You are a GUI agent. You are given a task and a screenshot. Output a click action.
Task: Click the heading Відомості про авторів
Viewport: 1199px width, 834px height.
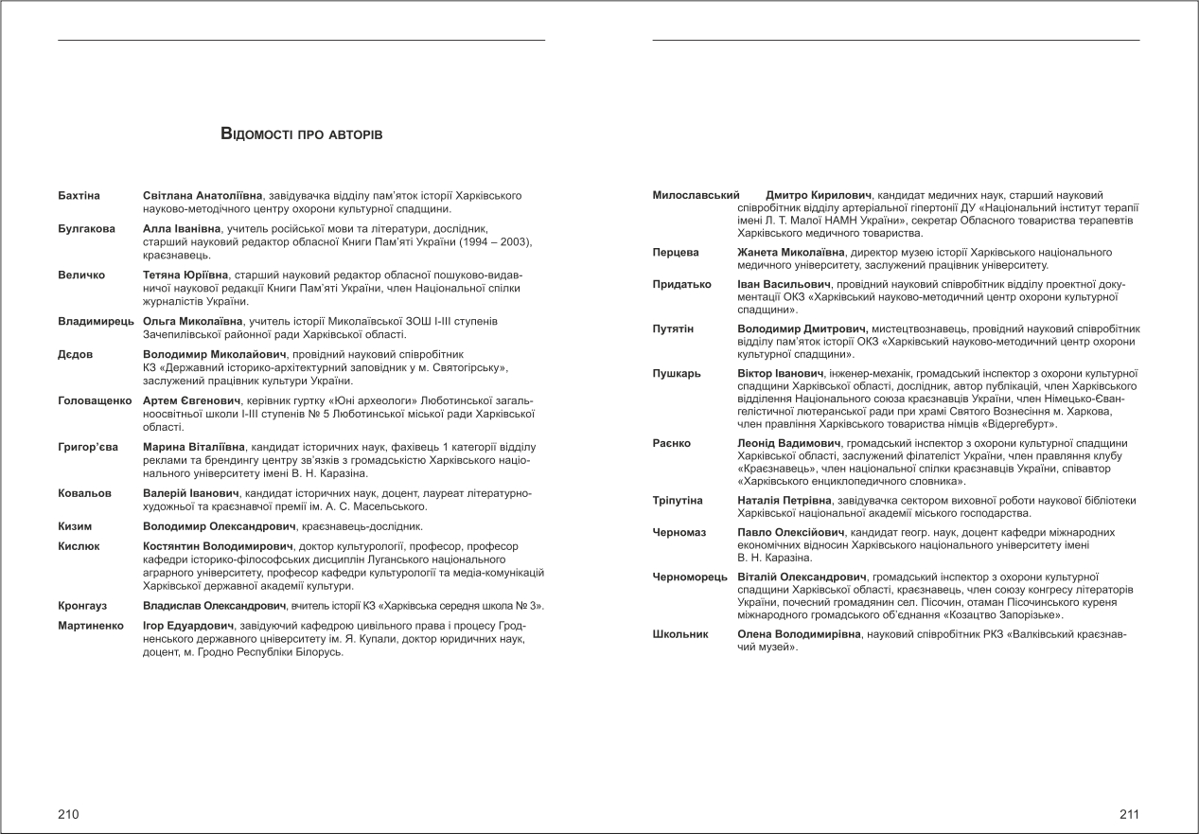click(x=301, y=134)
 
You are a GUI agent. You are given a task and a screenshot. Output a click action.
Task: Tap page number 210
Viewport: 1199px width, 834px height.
click(x=68, y=814)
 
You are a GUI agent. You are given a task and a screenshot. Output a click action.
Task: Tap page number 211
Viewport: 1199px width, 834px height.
click(x=1129, y=814)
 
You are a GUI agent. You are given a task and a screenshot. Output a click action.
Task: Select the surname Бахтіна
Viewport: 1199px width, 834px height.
click(x=79, y=195)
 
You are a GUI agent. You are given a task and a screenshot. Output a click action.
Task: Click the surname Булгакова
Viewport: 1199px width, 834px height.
click(x=86, y=229)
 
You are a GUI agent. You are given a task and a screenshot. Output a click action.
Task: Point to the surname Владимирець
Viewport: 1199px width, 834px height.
click(x=97, y=322)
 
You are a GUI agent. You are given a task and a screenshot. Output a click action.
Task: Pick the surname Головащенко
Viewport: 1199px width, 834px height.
click(x=96, y=401)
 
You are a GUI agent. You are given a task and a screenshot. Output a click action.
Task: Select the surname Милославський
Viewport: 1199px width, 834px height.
click(x=696, y=195)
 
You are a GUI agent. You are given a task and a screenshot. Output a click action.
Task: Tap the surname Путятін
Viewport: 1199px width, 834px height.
click(x=673, y=328)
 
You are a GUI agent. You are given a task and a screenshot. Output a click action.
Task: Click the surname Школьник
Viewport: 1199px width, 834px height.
click(x=680, y=634)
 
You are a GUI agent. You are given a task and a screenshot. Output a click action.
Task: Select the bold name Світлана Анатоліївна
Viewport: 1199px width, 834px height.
click(x=203, y=195)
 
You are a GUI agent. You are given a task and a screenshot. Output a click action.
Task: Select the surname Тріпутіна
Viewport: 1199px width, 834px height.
click(x=678, y=500)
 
